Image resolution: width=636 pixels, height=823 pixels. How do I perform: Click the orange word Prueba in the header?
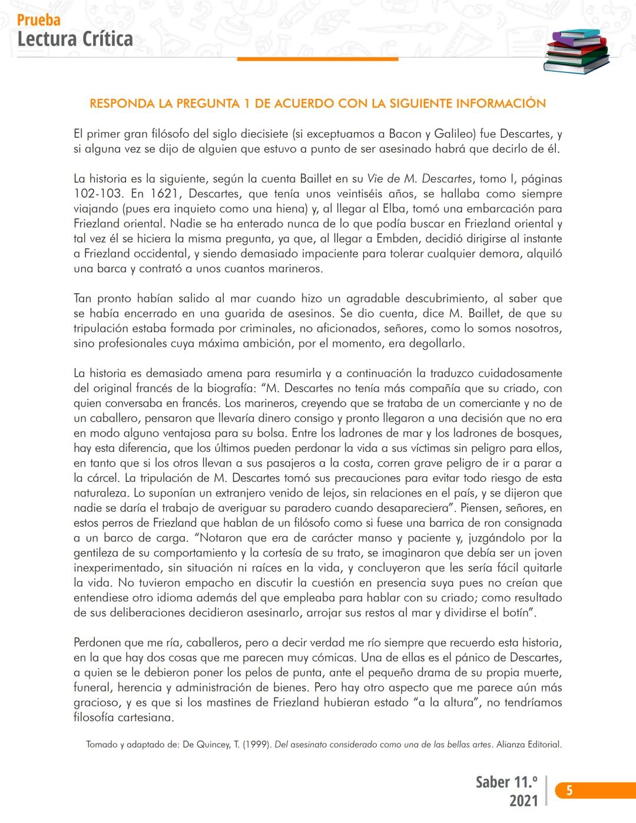[39, 20]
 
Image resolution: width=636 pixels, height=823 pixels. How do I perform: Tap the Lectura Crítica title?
[75, 39]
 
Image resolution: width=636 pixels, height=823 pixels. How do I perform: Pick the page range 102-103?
[96, 194]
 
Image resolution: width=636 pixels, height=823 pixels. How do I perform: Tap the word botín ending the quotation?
[517, 613]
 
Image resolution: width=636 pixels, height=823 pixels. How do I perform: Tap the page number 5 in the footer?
[569, 791]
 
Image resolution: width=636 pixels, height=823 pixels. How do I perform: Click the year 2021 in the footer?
[523, 801]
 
